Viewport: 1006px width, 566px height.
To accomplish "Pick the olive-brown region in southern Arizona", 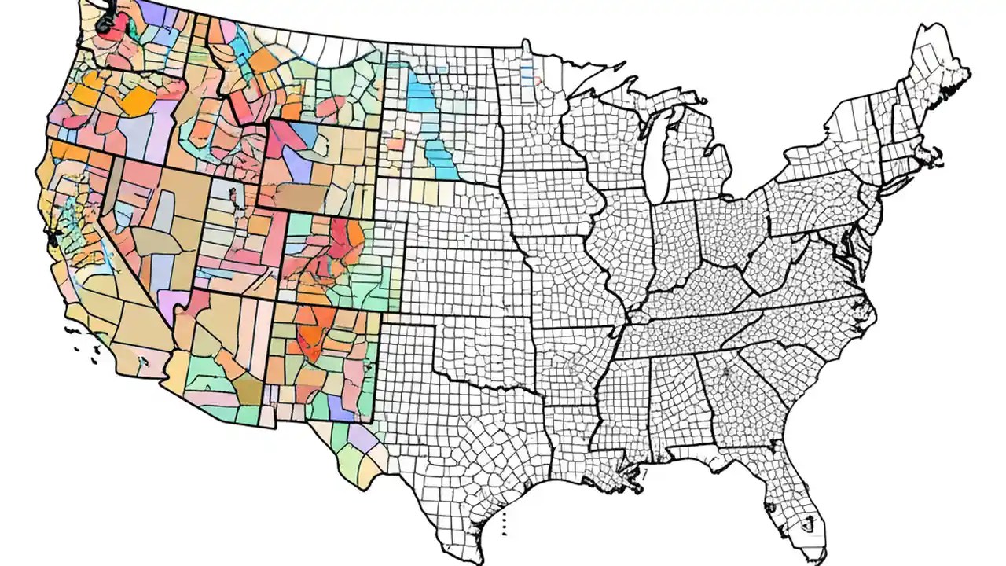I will click(x=250, y=389).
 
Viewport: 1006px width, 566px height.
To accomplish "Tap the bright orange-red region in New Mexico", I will click(x=314, y=334).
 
